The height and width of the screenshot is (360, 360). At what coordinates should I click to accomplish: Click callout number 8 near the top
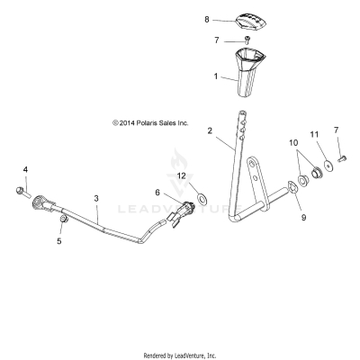(206, 19)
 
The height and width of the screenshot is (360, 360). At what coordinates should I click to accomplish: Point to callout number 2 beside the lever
(211, 130)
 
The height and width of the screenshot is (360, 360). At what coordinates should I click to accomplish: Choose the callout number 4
(25, 169)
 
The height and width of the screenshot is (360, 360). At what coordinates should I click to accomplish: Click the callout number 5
(60, 241)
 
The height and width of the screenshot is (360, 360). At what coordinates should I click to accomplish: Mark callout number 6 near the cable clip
(157, 193)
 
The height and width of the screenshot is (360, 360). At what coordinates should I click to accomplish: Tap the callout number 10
(292, 143)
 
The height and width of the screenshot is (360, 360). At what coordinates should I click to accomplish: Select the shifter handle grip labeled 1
(247, 75)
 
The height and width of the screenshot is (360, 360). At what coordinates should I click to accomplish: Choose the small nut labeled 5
(62, 221)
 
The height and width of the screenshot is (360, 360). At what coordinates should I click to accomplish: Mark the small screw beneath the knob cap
(248, 40)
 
